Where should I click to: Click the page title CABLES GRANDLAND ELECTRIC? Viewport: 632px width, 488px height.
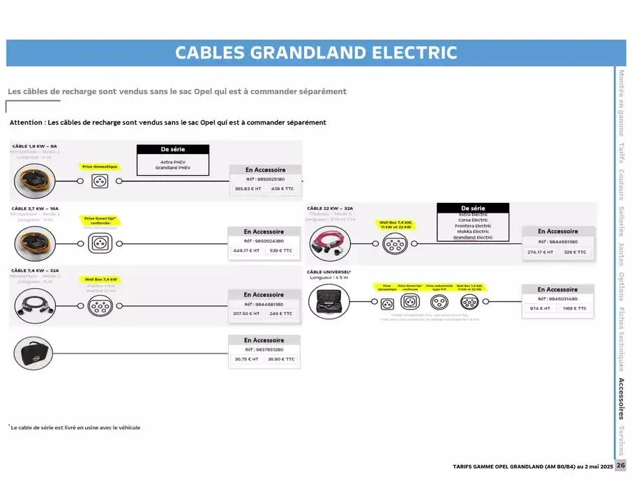[x=316, y=53]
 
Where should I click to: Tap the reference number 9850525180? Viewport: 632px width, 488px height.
[x=265, y=179]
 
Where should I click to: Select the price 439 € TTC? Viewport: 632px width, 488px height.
[x=283, y=189]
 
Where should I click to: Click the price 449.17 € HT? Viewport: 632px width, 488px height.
[x=246, y=250]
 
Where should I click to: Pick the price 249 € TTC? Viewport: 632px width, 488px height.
[x=281, y=314]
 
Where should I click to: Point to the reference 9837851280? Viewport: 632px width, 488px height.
[x=264, y=349]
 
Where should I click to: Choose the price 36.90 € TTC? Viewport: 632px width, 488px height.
[x=281, y=359]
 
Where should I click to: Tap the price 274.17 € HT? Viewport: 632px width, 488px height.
[x=540, y=252]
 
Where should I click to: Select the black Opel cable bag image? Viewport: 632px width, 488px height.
[x=33, y=354]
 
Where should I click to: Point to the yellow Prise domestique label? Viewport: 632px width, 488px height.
[x=100, y=167]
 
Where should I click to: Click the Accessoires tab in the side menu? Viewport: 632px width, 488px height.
[x=621, y=398]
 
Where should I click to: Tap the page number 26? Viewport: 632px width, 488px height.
[x=621, y=466]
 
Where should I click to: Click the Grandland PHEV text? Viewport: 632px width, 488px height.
[x=172, y=168]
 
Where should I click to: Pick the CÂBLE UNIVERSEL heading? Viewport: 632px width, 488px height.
[x=329, y=272]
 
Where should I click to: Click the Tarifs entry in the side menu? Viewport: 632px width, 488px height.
[x=621, y=154]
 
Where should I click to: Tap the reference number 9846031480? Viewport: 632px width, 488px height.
[x=557, y=298]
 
